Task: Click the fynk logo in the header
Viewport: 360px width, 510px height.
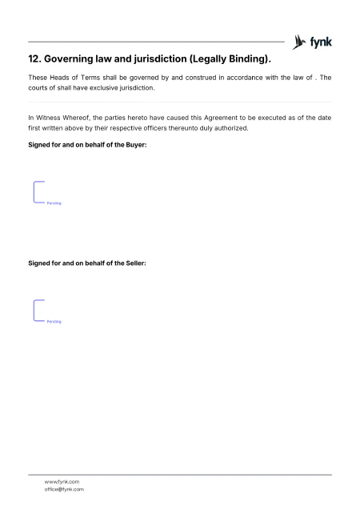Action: coord(313,41)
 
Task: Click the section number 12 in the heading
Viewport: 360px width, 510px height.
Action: coord(34,59)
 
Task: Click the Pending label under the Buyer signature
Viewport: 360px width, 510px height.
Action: coord(54,203)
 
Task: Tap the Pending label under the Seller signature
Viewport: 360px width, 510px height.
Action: coord(54,321)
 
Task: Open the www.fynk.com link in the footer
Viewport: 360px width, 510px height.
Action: coord(62,481)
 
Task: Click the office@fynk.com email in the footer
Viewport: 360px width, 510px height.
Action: coord(64,488)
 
